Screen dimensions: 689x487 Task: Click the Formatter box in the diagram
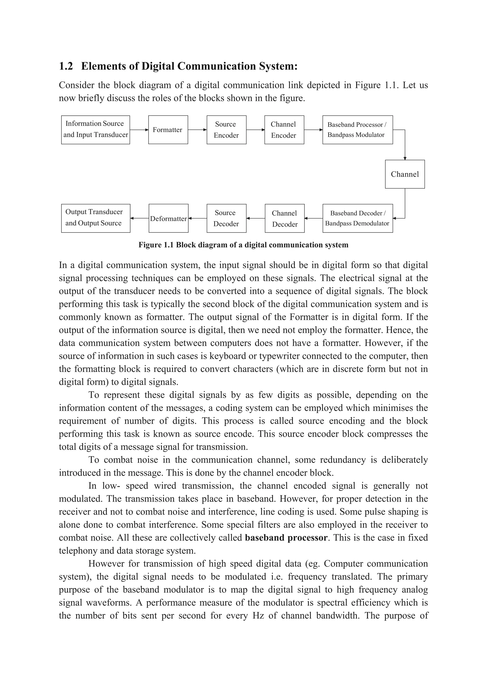pos(168,130)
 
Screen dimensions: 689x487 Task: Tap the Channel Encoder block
pos(284,130)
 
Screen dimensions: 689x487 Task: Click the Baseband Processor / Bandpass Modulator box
pos(357,130)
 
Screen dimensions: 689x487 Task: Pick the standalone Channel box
pos(404,174)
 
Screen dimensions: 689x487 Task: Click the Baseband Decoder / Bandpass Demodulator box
pos(357,218)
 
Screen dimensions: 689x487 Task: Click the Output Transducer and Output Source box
pos(95,218)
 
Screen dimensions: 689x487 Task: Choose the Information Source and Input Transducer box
pos(95,130)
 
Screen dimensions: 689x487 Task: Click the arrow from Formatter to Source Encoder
pos(197,130)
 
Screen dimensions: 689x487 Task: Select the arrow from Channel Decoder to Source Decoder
pos(255,218)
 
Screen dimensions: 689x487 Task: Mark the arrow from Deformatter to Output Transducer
pos(139,218)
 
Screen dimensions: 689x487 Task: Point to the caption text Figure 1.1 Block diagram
pos(243,245)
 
